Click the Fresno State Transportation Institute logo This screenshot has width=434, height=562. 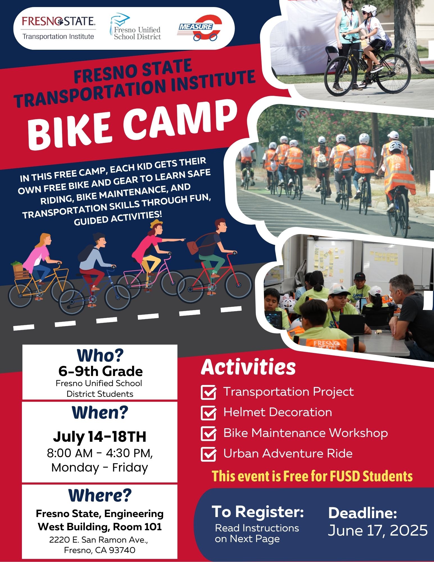pyautogui.click(x=58, y=28)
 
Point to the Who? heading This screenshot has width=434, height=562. pyautogui.click(x=100, y=355)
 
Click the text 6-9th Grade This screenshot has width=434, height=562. pyautogui.click(x=100, y=371)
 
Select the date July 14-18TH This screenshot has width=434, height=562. pyautogui.click(x=100, y=437)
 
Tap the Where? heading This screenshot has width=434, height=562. pyautogui.click(x=100, y=495)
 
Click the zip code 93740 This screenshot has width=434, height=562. pyautogui.click(x=122, y=550)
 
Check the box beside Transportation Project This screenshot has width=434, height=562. pyautogui.click(x=209, y=392)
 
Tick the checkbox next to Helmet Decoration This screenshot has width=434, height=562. pyautogui.click(x=209, y=413)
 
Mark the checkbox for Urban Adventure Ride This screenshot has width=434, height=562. pyautogui.click(x=209, y=454)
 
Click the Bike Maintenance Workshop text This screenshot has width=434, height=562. pyautogui.click(x=306, y=433)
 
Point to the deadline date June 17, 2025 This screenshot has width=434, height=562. pyautogui.click(x=378, y=531)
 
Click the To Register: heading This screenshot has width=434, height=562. pyautogui.click(x=258, y=511)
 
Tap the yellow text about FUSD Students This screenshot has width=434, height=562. pyautogui.click(x=312, y=476)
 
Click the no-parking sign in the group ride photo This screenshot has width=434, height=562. pyautogui.click(x=303, y=114)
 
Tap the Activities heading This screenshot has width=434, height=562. pyautogui.click(x=248, y=367)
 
